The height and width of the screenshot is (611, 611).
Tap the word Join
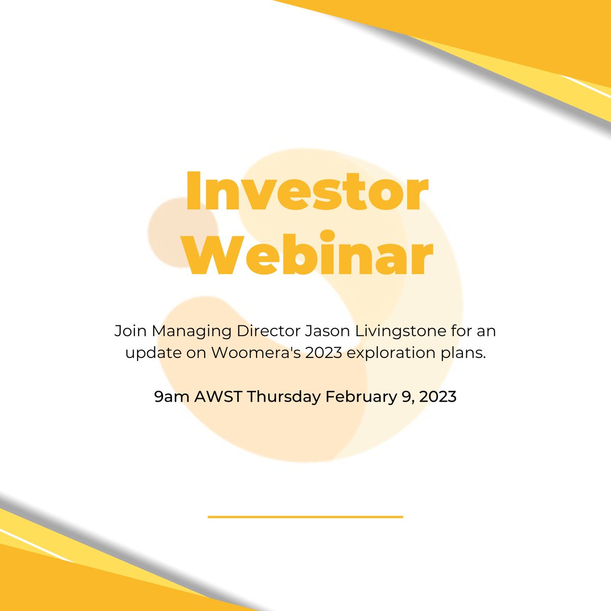(x=130, y=331)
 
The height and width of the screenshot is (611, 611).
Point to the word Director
(x=271, y=331)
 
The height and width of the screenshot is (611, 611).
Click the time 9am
(x=172, y=397)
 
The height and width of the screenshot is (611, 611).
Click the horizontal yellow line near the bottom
(x=305, y=517)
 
